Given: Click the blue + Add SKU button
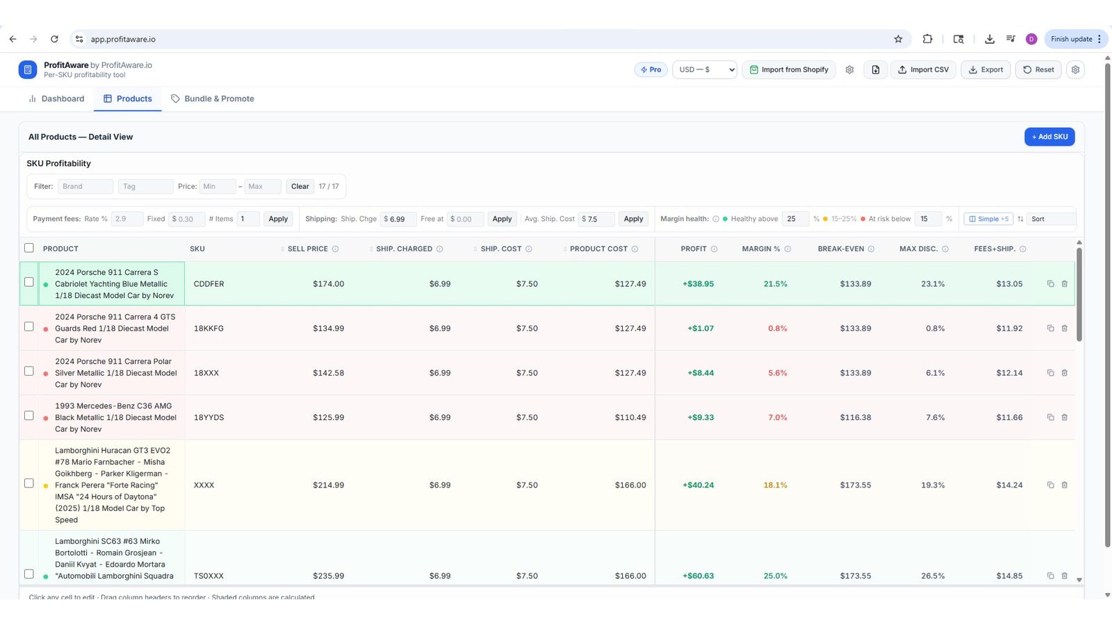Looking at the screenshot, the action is pos(1049,137).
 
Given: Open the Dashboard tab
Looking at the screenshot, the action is pos(56,99).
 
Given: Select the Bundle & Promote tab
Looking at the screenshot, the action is pos(213,99).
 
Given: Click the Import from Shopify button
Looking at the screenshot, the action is pos(789,69).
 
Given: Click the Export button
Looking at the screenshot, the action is pos(986,69).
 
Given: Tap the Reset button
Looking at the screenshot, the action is pos(1038,69).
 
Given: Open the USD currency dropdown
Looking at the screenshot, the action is pos(705,69).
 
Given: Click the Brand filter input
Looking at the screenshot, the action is pos(85,187).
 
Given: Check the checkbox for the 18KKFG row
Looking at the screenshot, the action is pos(29,326).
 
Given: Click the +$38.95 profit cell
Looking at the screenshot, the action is pos(698,284).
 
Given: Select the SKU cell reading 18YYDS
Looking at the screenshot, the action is pos(208,417).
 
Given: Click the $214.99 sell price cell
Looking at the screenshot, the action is pos(328,485).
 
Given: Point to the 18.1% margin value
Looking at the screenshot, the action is pos(775,485).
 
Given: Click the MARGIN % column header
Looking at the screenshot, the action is pos(761,249).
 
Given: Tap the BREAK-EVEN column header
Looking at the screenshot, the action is pos(841,249).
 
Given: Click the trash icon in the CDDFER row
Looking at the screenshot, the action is pos(1064,284).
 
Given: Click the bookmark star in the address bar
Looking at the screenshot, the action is pos(898,39).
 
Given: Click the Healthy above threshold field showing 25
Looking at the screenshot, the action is pos(795,219).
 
